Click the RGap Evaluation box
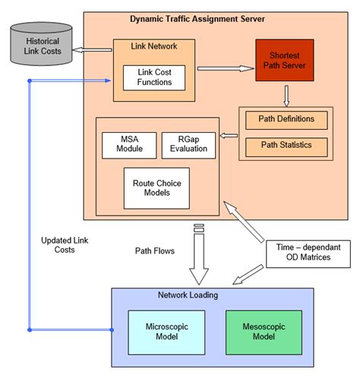(188, 145)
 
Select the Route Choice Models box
(156, 187)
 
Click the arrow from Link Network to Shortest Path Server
(225, 68)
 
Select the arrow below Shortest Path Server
(286, 96)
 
